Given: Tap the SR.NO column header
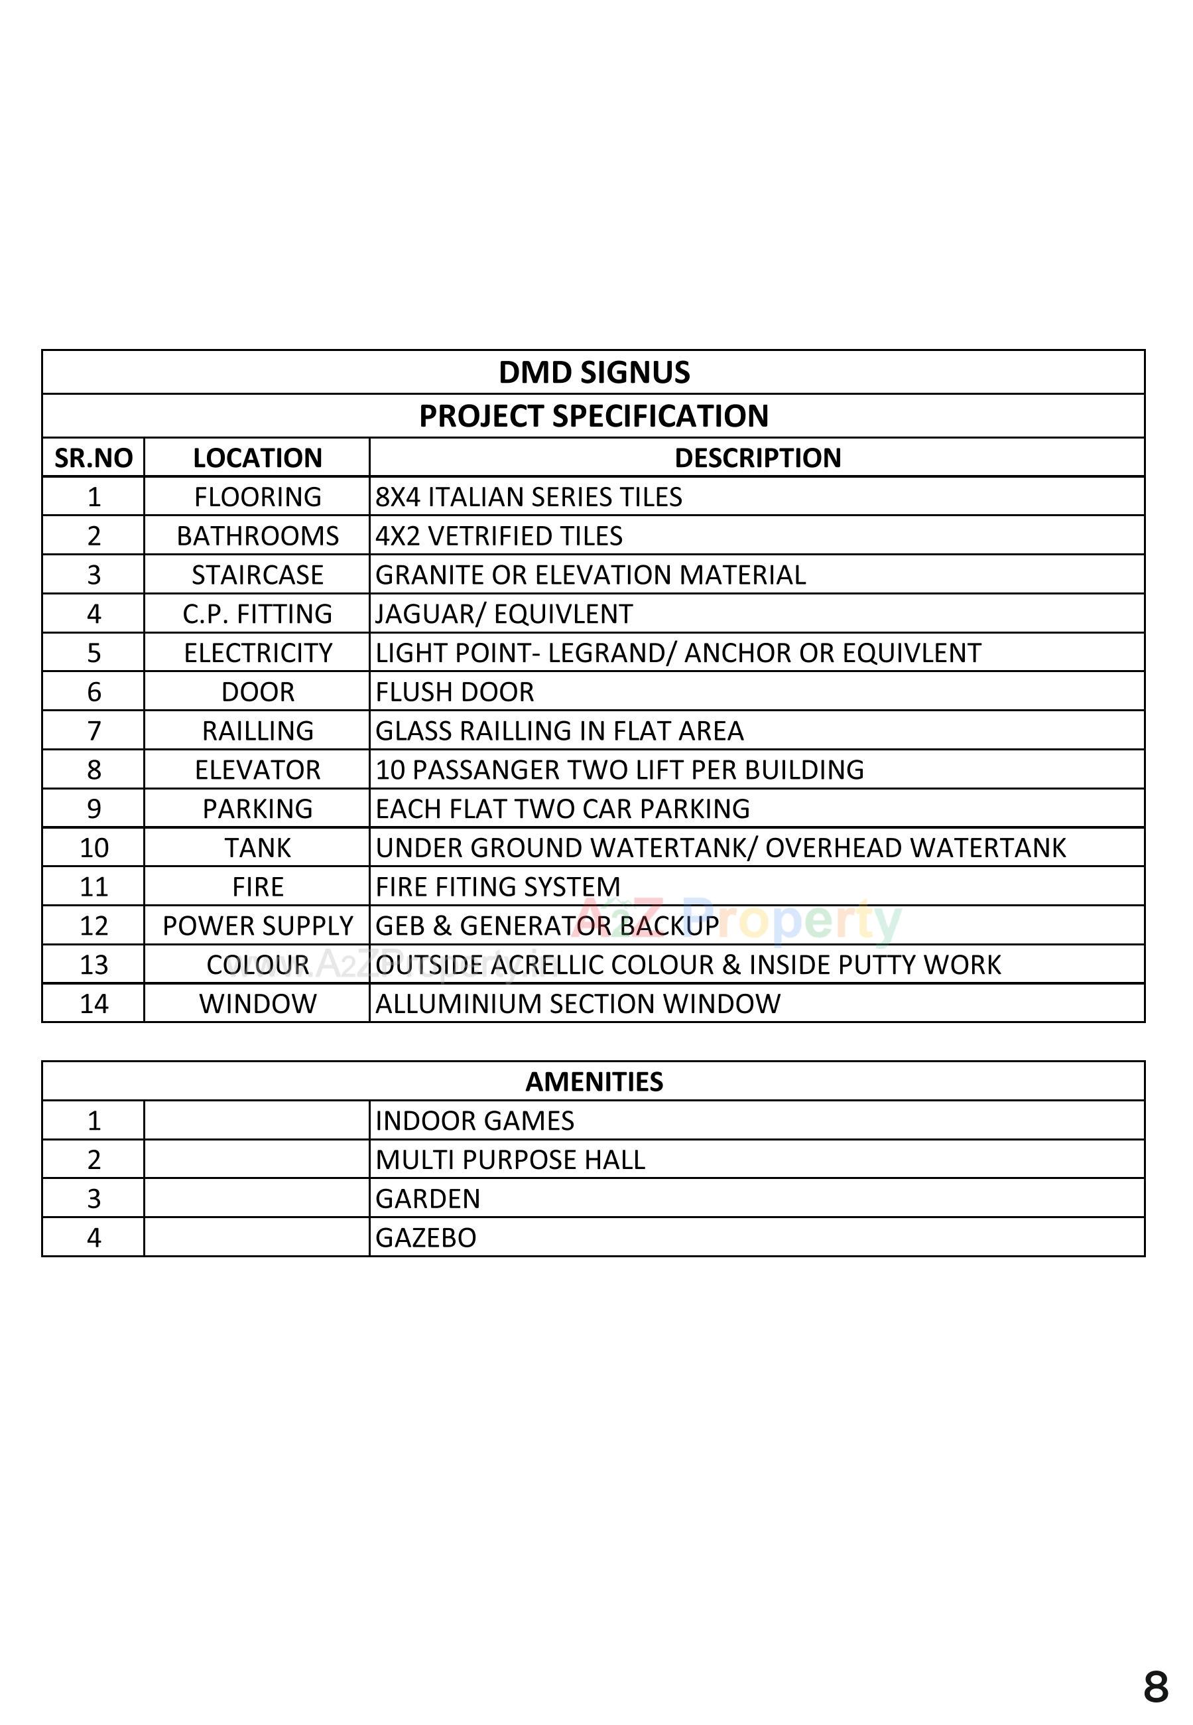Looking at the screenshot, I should tap(94, 458).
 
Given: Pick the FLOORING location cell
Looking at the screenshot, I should tap(257, 496).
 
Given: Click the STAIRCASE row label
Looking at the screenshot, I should tap(257, 575).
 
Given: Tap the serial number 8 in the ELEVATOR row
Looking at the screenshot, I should tap(94, 770).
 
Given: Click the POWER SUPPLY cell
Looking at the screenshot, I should tap(257, 926).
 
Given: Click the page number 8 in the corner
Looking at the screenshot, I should tap(1156, 1688).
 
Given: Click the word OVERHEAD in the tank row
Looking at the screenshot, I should tap(833, 848).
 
